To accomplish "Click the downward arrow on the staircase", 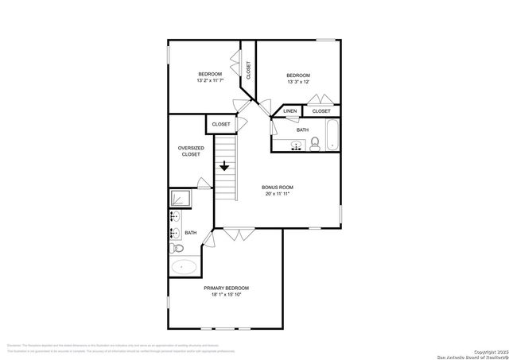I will point(226,167).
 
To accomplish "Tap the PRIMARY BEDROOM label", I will point(226,288).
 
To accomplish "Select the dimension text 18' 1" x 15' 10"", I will point(226,295).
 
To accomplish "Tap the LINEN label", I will point(290,111).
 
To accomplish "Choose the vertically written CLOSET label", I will point(248,71).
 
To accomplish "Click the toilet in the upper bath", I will point(316,145).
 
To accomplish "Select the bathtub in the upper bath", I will point(333,134).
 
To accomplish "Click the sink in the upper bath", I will point(296,145).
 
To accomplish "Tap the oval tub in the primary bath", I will point(185,267).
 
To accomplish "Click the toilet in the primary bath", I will point(177,249).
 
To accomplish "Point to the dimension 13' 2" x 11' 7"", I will point(210,81).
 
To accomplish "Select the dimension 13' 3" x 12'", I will point(297,81).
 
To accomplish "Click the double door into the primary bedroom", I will point(235,232).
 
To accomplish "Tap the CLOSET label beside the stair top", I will point(221,124).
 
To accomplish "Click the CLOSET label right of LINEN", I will point(321,111).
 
